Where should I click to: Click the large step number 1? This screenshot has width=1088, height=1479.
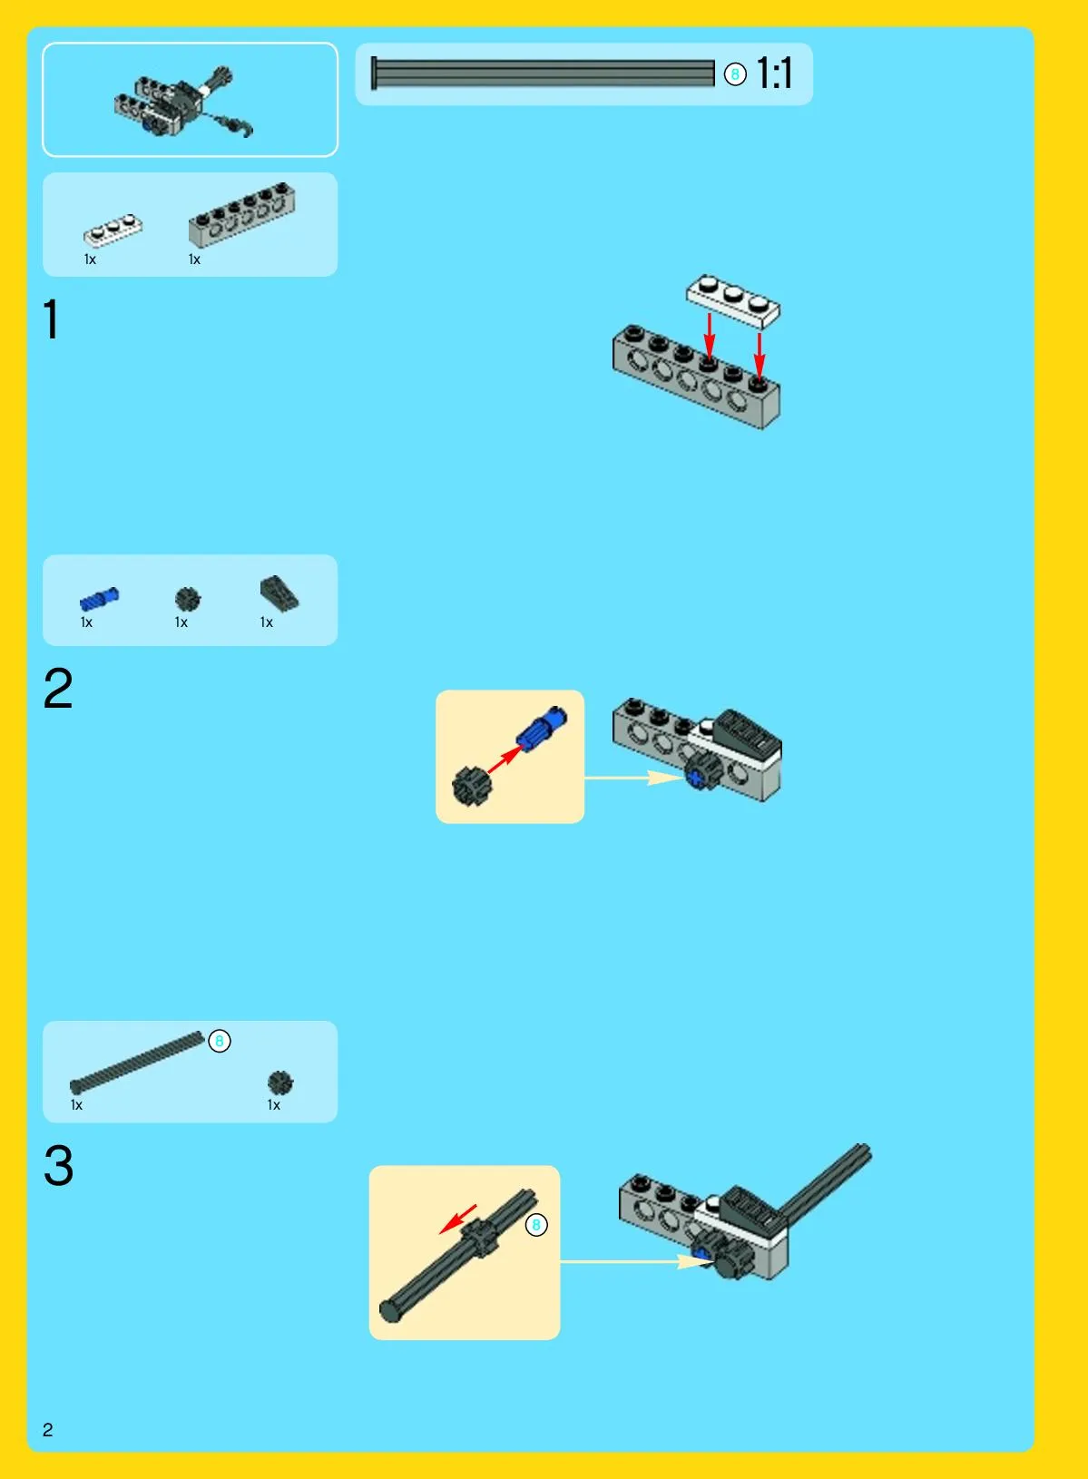click(x=52, y=319)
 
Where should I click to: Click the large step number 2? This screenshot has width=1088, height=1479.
click(x=58, y=689)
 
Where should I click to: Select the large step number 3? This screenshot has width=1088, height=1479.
click(x=59, y=1165)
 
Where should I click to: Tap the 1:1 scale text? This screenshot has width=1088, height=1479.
click(x=774, y=73)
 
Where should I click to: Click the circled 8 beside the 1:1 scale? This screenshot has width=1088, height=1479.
click(x=735, y=74)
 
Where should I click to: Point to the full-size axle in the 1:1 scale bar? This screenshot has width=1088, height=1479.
click(x=543, y=73)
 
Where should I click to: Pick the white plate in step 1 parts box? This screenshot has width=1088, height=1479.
click(x=113, y=230)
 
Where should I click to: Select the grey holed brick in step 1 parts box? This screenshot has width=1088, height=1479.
click(x=241, y=213)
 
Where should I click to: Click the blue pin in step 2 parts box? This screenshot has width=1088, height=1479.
click(x=99, y=600)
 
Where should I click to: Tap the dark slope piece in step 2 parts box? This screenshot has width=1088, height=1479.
click(x=279, y=593)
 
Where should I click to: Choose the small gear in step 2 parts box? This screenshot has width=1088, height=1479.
click(x=188, y=599)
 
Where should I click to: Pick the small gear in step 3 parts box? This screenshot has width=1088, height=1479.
click(x=279, y=1082)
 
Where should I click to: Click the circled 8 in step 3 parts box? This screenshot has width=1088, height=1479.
click(x=220, y=1042)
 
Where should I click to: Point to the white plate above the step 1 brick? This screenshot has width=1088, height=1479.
click(x=733, y=301)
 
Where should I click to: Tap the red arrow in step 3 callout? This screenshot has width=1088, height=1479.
click(x=457, y=1219)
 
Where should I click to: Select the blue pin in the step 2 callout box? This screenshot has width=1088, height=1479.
click(x=541, y=729)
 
